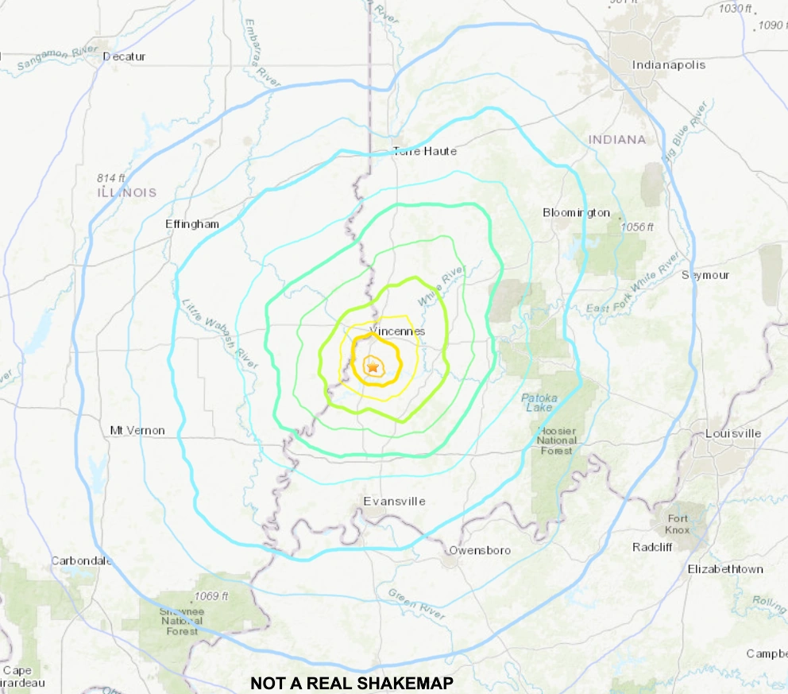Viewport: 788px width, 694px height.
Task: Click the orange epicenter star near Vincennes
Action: pos(372,366)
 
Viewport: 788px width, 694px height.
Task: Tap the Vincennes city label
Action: pos(397,331)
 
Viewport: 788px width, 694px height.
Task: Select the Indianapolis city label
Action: pos(668,64)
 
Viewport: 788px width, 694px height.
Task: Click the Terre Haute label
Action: pos(425,151)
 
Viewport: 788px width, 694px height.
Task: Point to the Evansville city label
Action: pos(394,501)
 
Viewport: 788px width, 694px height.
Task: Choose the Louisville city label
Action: pos(732,433)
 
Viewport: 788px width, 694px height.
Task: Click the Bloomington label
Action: pos(576,212)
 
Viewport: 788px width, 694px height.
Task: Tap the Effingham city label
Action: pos(191,223)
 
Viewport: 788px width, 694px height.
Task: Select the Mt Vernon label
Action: pos(137,430)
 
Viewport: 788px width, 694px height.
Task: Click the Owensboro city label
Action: pos(480,550)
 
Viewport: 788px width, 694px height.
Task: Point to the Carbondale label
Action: pos(82,560)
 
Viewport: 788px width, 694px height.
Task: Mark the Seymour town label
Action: pos(705,275)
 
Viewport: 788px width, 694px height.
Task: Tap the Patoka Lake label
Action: pos(539,402)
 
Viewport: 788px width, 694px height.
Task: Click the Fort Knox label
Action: pos(678,524)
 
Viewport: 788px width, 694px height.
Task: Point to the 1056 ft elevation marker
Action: pos(637,227)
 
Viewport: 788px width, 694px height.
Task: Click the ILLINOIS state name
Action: pos(126,192)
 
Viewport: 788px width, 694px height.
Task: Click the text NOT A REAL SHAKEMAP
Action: pos(351,683)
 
